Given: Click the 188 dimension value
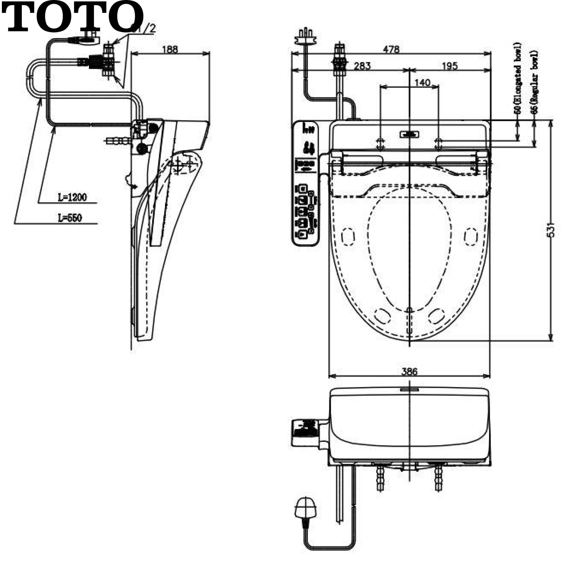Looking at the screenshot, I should tap(170, 49).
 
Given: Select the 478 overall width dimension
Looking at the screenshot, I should tap(391, 49).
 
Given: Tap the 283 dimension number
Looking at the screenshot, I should tap(362, 66).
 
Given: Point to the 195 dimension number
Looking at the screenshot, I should tap(449, 66).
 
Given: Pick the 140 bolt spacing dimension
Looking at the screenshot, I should tap(422, 82).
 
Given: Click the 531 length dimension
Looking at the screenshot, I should tap(551, 230).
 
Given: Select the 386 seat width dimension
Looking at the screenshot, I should tap(409, 371).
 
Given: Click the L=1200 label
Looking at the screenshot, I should tap(72, 197).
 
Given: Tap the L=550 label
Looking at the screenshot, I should tap(70, 218).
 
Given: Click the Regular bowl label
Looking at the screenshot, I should tap(534, 81).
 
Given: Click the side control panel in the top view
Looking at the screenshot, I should tap(306, 183).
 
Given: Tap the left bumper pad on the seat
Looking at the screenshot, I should tap(348, 237).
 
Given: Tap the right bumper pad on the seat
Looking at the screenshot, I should tap(471, 237).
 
